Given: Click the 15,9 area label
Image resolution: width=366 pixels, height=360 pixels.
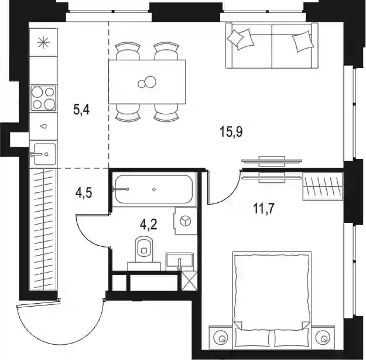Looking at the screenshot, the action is pyautogui.click(x=231, y=131).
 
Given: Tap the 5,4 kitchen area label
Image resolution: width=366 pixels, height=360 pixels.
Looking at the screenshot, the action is pyautogui.click(x=81, y=109).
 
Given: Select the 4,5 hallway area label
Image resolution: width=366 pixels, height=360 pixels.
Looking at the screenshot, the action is pyautogui.click(x=84, y=193).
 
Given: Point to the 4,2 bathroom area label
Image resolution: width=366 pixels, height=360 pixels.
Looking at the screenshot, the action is pyautogui.click(x=149, y=225).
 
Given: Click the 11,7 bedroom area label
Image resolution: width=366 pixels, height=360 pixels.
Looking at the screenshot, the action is pyautogui.click(x=264, y=208).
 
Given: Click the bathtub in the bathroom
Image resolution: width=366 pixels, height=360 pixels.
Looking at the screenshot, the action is pyautogui.click(x=153, y=189).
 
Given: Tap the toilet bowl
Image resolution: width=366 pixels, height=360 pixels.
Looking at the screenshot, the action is pyautogui.click(x=144, y=249).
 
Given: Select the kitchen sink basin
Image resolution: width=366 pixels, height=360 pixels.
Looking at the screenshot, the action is pyautogui.click(x=45, y=154).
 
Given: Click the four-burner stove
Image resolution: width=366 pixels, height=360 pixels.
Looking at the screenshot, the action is pyautogui.click(x=43, y=98).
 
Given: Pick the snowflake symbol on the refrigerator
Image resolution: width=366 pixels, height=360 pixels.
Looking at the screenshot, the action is pyautogui.click(x=44, y=42).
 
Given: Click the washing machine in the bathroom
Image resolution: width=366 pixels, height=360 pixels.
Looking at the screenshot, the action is pyautogui.click(x=185, y=220).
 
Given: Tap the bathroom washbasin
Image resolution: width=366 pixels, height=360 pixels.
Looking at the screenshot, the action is pyautogui.click(x=180, y=261).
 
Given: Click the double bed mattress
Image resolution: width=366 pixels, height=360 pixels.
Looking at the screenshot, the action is pyautogui.click(x=272, y=290).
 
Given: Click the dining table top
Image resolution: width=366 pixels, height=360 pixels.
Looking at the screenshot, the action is pyautogui.click(x=147, y=82).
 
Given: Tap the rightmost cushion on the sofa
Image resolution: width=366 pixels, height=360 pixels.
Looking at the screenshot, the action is pyautogui.click(x=303, y=41).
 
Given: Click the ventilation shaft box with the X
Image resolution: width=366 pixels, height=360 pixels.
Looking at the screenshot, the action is pyautogui.click(x=189, y=281).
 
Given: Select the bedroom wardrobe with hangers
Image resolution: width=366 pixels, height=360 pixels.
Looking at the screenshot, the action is pyautogui.click(x=323, y=186).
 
